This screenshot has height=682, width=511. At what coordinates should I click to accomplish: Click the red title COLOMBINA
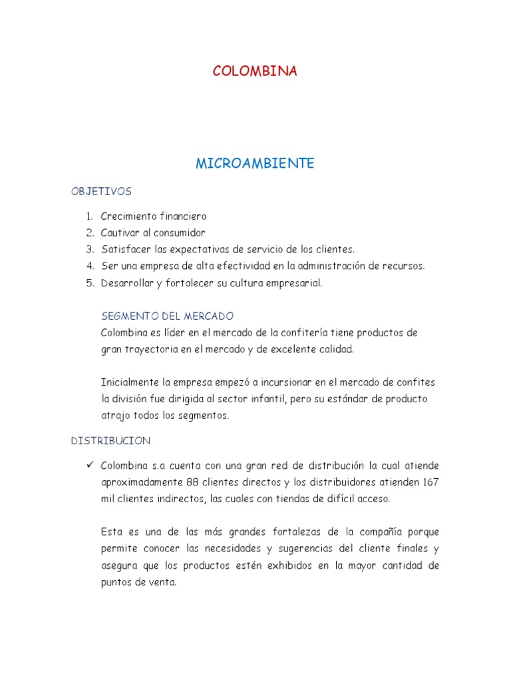[255, 72]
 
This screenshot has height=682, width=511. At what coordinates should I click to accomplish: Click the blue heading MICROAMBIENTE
[255, 164]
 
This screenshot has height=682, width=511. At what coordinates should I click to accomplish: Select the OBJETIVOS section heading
[101, 192]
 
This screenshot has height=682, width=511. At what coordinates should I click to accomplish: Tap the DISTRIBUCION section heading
[110, 441]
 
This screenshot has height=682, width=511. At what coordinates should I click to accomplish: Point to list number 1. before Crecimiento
[89, 216]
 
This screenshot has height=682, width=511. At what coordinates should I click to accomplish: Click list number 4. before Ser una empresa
[89, 266]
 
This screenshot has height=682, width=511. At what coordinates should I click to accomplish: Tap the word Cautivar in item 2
[121, 233]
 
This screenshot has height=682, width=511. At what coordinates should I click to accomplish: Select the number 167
[429, 482]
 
